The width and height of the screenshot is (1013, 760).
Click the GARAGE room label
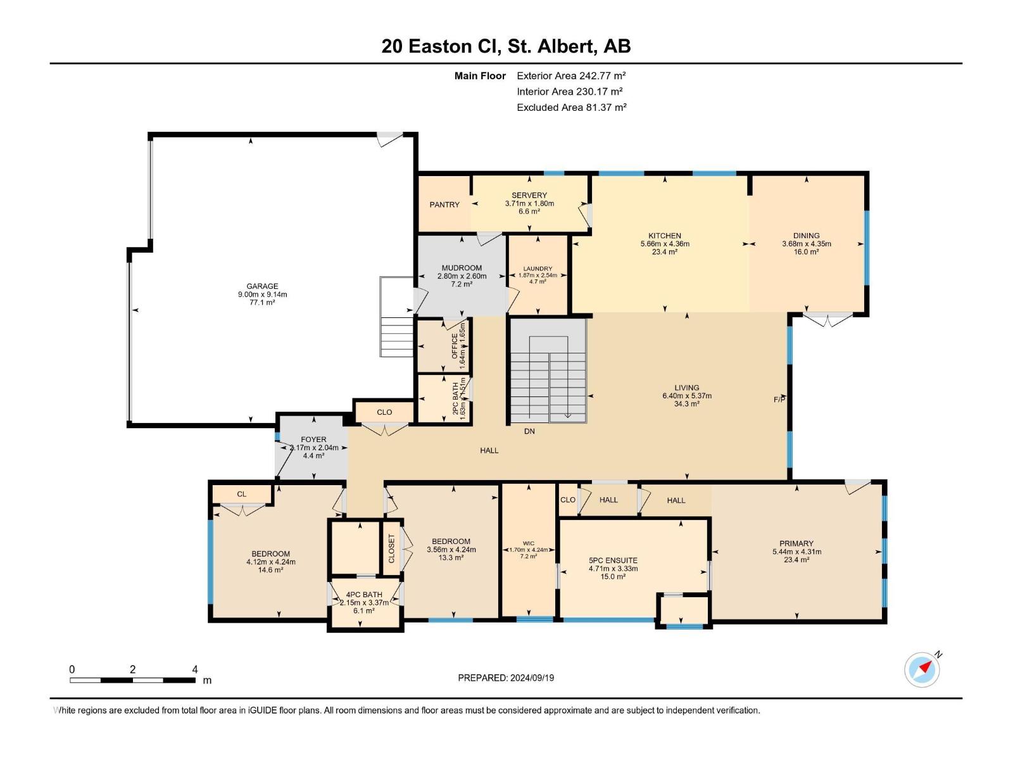(x=262, y=286)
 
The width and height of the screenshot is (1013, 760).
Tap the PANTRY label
(x=444, y=205)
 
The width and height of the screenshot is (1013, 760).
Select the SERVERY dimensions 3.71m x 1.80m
(x=529, y=203)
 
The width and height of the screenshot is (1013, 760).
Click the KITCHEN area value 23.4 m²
(x=665, y=251)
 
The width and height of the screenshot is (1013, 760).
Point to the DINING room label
(x=806, y=236)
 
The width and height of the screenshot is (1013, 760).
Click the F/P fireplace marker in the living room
(x=779, y=399)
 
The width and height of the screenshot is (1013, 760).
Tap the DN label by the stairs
(x=529, y=431)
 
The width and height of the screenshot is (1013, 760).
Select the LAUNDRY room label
(x=538, y=269)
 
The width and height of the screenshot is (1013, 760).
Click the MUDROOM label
(x=462, y=268)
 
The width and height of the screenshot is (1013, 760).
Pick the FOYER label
(x=313, y=439)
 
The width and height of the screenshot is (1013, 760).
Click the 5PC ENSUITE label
(x=613, y=560)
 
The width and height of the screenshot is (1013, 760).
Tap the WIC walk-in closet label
(x=529, y=543)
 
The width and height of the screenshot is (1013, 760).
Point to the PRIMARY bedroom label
(x=796, y=543)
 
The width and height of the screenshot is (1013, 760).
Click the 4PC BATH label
(x=364, y=595)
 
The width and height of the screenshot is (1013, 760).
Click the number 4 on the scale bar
(x=195, y=669)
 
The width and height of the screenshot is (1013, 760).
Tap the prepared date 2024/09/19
(x=532, y=678)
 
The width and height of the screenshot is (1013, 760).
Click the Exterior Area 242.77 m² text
(x=571, y=75)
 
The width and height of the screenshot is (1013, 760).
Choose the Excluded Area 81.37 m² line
(x=571, y=107)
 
